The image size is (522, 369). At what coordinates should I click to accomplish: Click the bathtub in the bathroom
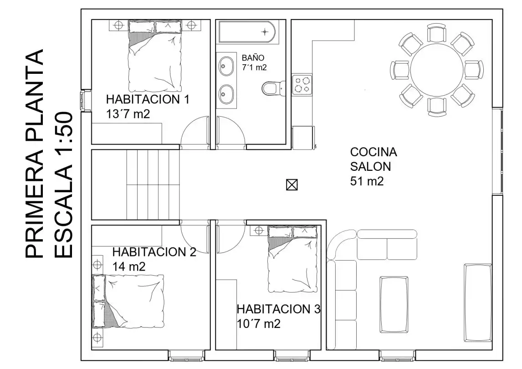pyautogui.click(x=247, y=32)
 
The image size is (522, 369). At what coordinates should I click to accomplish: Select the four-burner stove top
pyautogui.click(x=302, y=85)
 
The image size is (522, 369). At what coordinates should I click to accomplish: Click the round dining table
pyautogui.click(x=436, y=70)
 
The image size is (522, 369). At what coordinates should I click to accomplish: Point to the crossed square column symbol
pyautogui.click(x=292, y=184)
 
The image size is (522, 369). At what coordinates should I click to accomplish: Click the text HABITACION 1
pyautogui.click(x=148, y=99)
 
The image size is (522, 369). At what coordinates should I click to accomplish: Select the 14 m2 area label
pyautogui.click(x=129, y=267)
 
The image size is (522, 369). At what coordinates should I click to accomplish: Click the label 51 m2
pyautogui.click(x=367, y=181)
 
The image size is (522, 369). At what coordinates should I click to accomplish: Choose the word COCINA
pyautogui.click(x=374, y=152)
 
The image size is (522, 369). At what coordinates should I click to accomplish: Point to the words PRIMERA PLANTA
pyautogui.click(x=34, y=154)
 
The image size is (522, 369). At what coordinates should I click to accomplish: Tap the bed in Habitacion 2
pyautogui.click(x=128, y=301)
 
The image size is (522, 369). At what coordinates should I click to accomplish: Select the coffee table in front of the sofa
pyautogui.click(x=394, y=305)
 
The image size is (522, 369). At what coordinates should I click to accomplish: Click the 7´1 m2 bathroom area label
pyautogui.click(x=254, y=67)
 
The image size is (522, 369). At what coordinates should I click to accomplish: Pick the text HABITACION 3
pyautogui.click(x=278, y=309)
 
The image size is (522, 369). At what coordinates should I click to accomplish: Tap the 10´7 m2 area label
pyautogui.click(x=259, y=324)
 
